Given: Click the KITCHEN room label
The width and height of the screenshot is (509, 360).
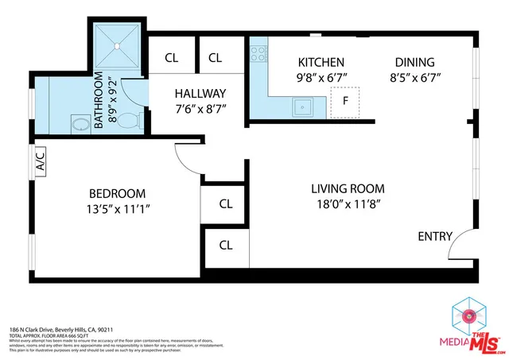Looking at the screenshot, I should (321, 62).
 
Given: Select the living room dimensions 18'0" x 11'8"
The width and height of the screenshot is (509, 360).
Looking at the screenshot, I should (348, 205).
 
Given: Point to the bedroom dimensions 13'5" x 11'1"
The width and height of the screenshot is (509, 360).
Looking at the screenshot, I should (117, 209).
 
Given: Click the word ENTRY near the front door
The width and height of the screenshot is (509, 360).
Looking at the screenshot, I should (435, 236).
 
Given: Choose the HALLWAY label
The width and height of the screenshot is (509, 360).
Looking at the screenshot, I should (200, 93).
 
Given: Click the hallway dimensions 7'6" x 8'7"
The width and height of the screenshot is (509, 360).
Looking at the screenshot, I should (200, 109).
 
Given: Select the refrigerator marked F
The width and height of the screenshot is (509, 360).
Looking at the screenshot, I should (345, 101).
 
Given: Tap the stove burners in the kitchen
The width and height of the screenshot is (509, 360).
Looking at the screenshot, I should (258, 54).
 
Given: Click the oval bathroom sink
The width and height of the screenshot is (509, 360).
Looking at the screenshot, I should (80, 124).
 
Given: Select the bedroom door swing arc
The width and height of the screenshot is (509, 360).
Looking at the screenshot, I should (188, 164).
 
